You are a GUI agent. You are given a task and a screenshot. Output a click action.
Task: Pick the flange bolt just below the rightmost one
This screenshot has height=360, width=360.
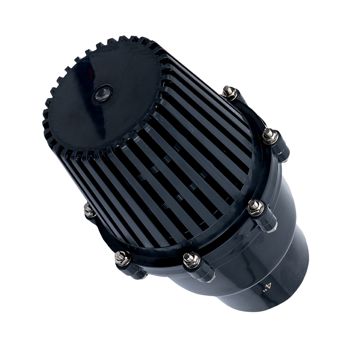[x=256, y=206]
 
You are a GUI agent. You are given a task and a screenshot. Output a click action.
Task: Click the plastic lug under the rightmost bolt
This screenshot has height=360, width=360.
[x=281, y=147]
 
